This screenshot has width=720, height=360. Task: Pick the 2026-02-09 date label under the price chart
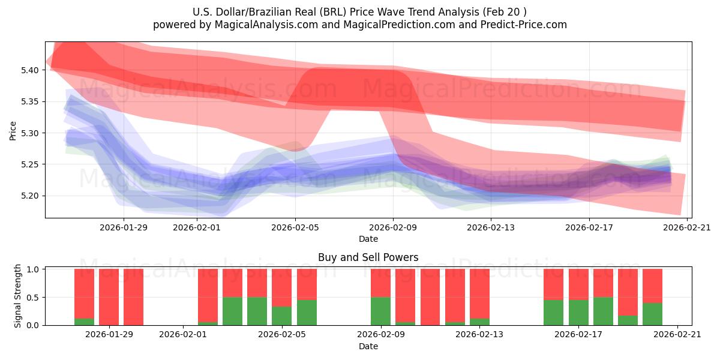(393, 227)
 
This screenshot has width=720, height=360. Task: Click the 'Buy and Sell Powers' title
(368, 257)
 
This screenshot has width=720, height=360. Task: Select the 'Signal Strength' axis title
(18, 296)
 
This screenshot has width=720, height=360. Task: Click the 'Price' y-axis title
(13, 130)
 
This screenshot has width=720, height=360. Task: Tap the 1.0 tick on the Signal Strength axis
(34, 269)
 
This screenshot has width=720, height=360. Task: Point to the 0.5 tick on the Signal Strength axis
(34, 297)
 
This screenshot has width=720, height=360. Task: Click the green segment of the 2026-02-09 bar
(380, 311)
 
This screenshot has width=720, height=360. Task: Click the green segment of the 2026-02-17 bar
(578, 313)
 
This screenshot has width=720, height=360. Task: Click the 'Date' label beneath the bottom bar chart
(368, 346)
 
